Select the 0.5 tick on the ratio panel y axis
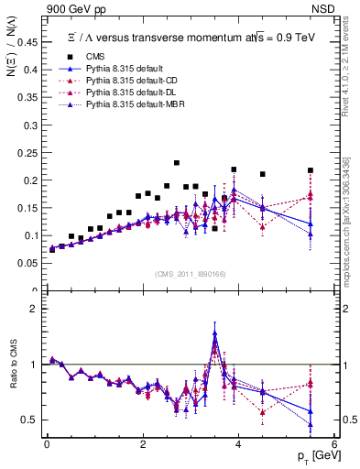coord(30,420)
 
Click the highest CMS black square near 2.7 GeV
coord(177,163)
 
